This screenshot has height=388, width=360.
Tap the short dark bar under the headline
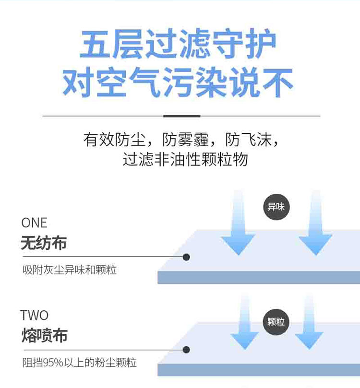(181, 116)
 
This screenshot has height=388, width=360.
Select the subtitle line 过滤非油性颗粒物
(185, 159)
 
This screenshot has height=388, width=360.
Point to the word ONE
(34, 223)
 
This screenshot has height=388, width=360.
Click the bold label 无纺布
(44, 243)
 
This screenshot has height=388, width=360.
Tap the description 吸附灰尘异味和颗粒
(70, 270)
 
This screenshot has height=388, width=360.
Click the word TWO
(35, 315)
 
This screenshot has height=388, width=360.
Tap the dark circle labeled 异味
(276, 207)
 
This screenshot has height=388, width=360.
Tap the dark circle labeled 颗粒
(276, 321)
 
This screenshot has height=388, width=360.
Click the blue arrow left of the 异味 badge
(239, 225)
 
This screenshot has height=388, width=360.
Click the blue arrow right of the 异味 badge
(315, 225)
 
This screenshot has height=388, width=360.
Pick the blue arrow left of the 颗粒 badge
(245, 324)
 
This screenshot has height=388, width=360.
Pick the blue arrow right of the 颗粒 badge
(309, 324)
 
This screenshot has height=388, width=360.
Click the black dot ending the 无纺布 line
(186, 257)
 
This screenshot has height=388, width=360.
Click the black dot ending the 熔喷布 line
(186, 350)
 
